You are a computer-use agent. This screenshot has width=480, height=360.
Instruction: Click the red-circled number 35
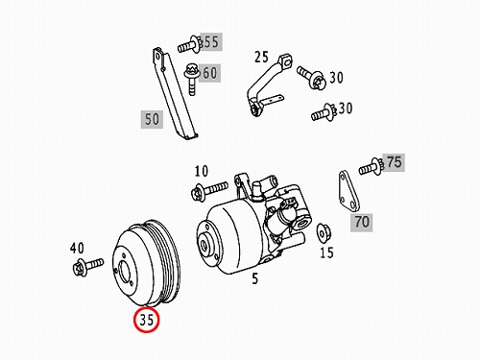[147, 319]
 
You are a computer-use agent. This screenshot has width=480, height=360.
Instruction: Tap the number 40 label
[77, 248]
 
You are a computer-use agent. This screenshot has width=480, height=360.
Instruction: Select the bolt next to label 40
[87, 266]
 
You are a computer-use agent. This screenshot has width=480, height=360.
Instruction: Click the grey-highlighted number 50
[152, 119]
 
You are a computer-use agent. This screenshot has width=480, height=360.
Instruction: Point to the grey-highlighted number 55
[211, 41]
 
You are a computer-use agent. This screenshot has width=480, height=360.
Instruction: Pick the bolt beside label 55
[190, 45]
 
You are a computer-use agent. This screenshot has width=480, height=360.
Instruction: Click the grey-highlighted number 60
[209, 73]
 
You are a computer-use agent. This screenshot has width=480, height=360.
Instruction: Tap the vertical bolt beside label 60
[191, 79]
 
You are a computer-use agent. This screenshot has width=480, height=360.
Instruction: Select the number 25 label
[262, 57]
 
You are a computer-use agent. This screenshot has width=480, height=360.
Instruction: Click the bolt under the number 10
[209, 190]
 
